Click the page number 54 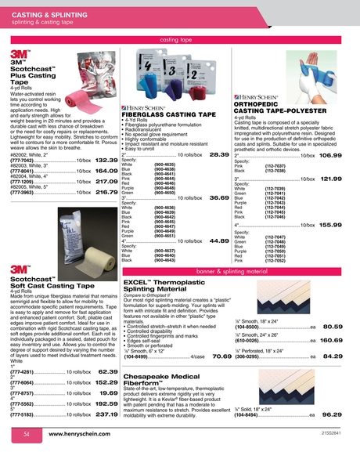(x=26, y=433)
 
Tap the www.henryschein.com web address (x=84, y=433)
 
